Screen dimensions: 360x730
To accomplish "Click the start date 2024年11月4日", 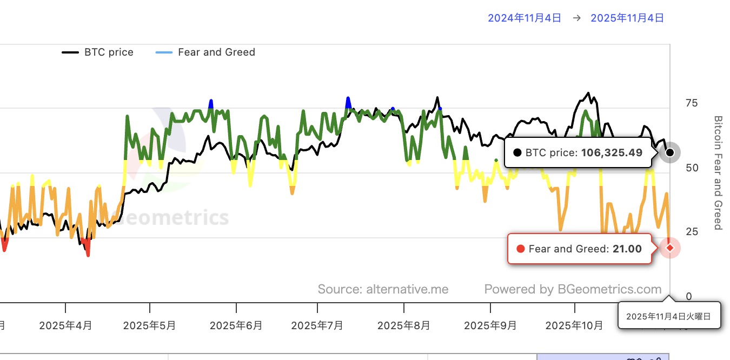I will [x=525, y=18].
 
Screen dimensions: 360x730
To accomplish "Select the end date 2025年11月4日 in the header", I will [x=627, y=18].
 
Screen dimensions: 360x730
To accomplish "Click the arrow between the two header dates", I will [x=576, y=18].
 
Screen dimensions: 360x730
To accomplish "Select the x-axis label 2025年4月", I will [x=66, y=326].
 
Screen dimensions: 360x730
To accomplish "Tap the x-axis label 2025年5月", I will [x=150, y=326].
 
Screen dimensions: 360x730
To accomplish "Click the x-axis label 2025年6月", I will [x=236, y=326].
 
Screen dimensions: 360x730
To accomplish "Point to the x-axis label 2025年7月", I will [x=317, y=326].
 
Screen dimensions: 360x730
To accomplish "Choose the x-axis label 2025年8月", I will [x=404, y=326].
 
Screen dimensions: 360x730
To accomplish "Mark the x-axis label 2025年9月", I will [x=490, y=326].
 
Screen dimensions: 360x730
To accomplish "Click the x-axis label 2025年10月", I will [x=574, y=326].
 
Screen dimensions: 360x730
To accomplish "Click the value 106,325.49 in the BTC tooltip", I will [x=612, y=153].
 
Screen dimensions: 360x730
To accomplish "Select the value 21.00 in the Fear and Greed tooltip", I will [x=627, y=249].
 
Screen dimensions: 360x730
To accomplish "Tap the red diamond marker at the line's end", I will [x=670, y=248].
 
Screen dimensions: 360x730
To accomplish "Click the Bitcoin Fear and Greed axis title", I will [x=718, y=172].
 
